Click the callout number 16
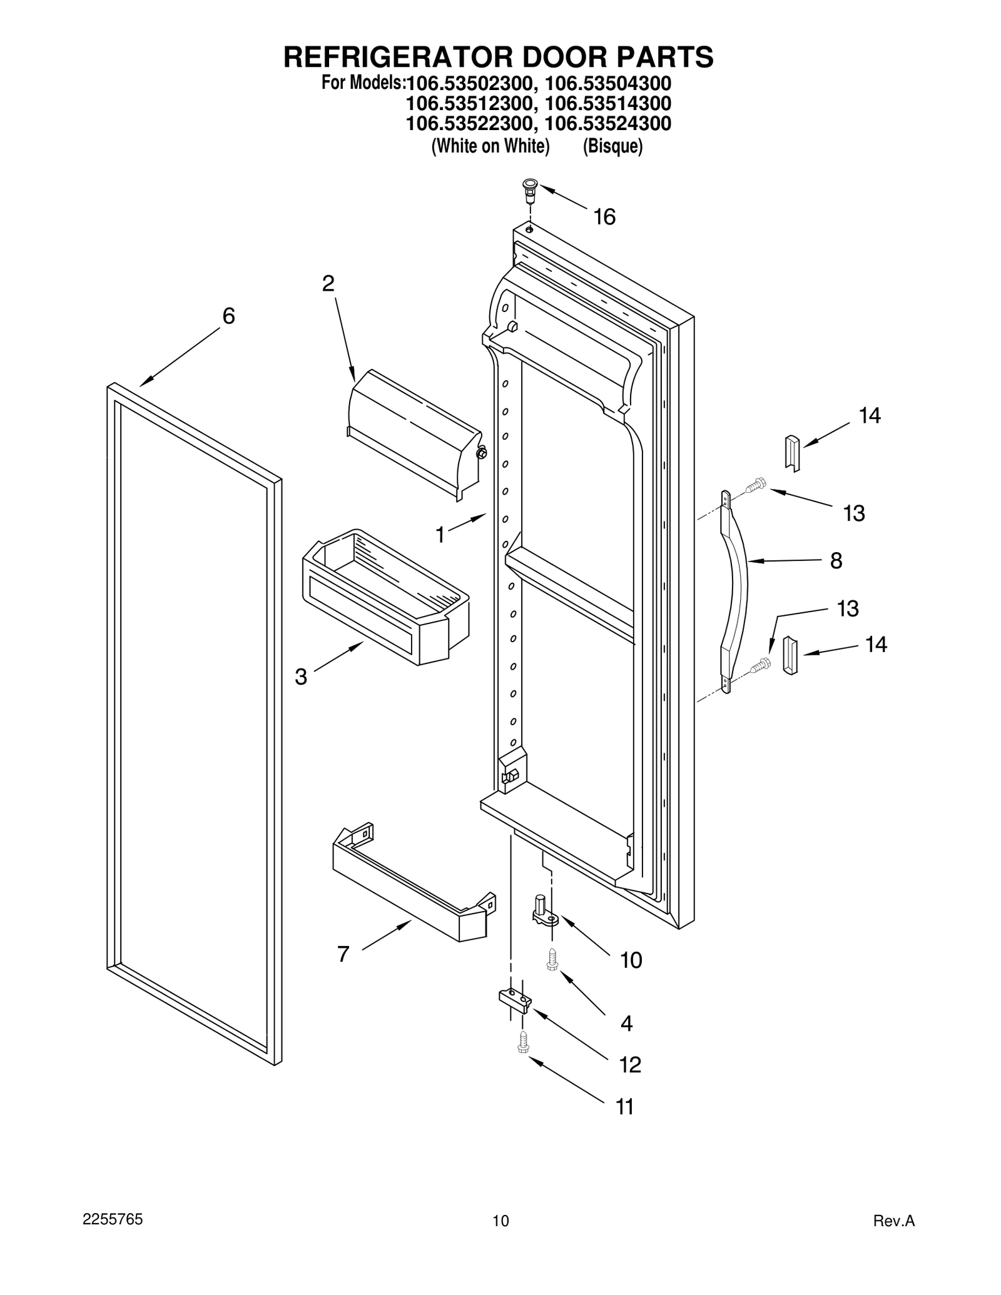point(604,217)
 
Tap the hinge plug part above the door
point(530,190)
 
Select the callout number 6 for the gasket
point(229,316)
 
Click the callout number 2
point(328,284)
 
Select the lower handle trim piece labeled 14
point(790,655)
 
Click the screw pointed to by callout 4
point(552,960)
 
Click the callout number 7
point(343,954)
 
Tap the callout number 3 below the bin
point(301,677)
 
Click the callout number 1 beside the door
point(440,535)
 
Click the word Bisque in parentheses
point(612,146)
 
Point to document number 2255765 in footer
point(113,1219)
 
